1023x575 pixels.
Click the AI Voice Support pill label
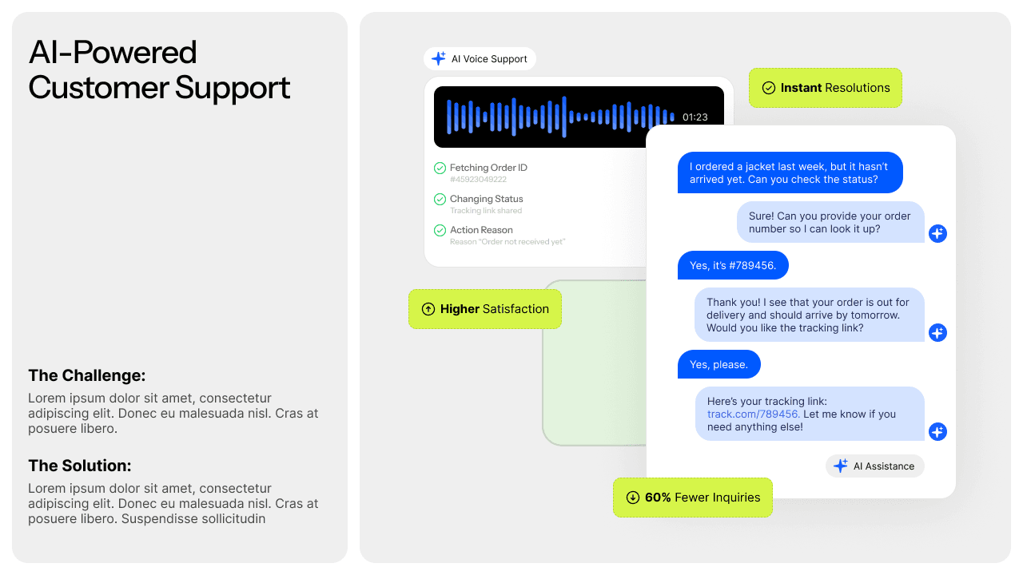[x=480, y=59]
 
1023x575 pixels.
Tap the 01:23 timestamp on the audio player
[x=695, y=117]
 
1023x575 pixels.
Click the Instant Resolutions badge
[x=825, y=88]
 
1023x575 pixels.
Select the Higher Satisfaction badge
[x=485, y=309]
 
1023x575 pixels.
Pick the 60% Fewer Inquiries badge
[x=692, y=498]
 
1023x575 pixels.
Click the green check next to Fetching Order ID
[x=440, y=168]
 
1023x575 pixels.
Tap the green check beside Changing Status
[x=440, y=199]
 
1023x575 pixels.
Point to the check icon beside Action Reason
[x=440, y=230]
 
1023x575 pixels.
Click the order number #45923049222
[x=478, y=180]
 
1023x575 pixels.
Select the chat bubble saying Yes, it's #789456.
[x=733, y=265]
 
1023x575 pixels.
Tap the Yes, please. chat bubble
[x=718, y=364]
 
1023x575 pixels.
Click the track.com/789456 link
[x=753, y=414]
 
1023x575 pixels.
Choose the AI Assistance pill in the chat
[x=874, y=466]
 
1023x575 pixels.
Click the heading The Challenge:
[x=87, y=375]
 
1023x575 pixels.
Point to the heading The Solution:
[x=80, y=466]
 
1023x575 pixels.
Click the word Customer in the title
[x=98, y=87]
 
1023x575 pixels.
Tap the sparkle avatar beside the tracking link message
[x=937, y=431]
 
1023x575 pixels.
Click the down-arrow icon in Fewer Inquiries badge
[x=632, y=498]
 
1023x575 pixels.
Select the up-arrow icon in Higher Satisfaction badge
[x=428, y=309]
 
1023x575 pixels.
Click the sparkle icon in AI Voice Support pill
[x=438, y=58]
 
